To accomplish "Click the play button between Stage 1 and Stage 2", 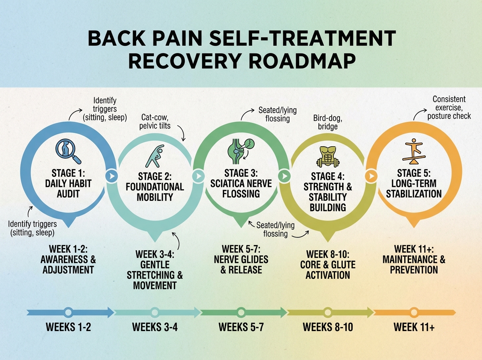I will point(111,176).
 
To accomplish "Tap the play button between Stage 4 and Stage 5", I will point(372,176).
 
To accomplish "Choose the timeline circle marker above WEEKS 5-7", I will point(241,312).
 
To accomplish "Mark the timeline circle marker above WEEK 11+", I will point(414,312).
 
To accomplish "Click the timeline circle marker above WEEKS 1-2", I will point(68,312).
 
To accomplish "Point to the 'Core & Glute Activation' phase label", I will point(328,265).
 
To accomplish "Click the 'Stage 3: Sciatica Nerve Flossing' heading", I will point(241,184).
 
